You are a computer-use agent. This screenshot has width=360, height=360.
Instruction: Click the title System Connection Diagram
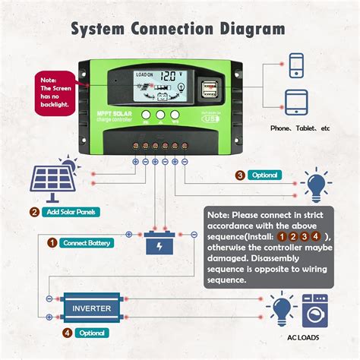(179, 29)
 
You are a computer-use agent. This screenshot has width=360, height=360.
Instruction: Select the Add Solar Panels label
(69, 212)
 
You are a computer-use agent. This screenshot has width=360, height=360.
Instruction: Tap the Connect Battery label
(85, 243)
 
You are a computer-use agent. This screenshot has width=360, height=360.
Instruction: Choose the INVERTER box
(92, 308)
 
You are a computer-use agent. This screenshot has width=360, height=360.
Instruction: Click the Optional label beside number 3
(264, 175)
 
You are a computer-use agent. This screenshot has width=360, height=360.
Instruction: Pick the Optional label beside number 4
(90, 332)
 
